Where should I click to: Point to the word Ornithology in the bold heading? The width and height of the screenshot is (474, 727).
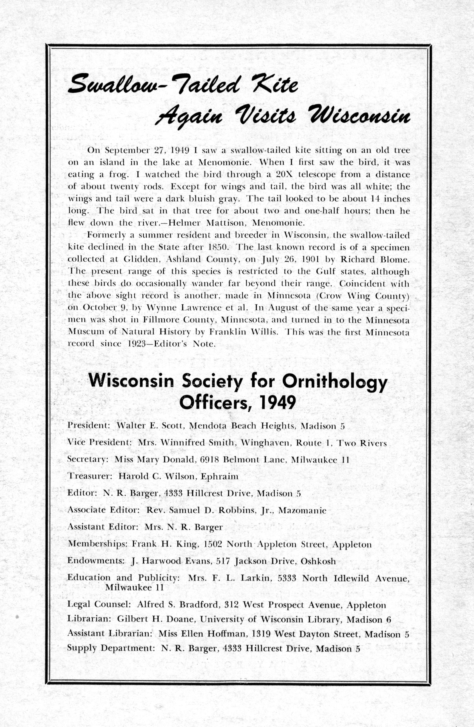tap(335, 382)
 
